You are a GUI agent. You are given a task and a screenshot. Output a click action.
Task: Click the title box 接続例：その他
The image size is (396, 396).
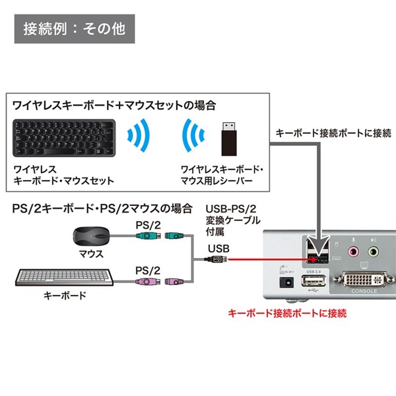[x=74, y=30]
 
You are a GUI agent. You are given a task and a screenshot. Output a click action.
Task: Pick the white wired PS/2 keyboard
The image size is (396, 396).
[x=63, y=278]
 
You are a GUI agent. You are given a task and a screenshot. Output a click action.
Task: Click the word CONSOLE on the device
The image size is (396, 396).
[x=364, y=292]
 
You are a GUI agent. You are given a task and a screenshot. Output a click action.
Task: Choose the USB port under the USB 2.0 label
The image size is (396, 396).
[x=313, y=282]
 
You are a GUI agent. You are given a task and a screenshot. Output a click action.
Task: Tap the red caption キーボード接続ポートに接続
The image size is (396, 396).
[x=286, y=313]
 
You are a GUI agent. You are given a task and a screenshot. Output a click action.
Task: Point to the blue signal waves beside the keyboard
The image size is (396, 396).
[x=138, y=136]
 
